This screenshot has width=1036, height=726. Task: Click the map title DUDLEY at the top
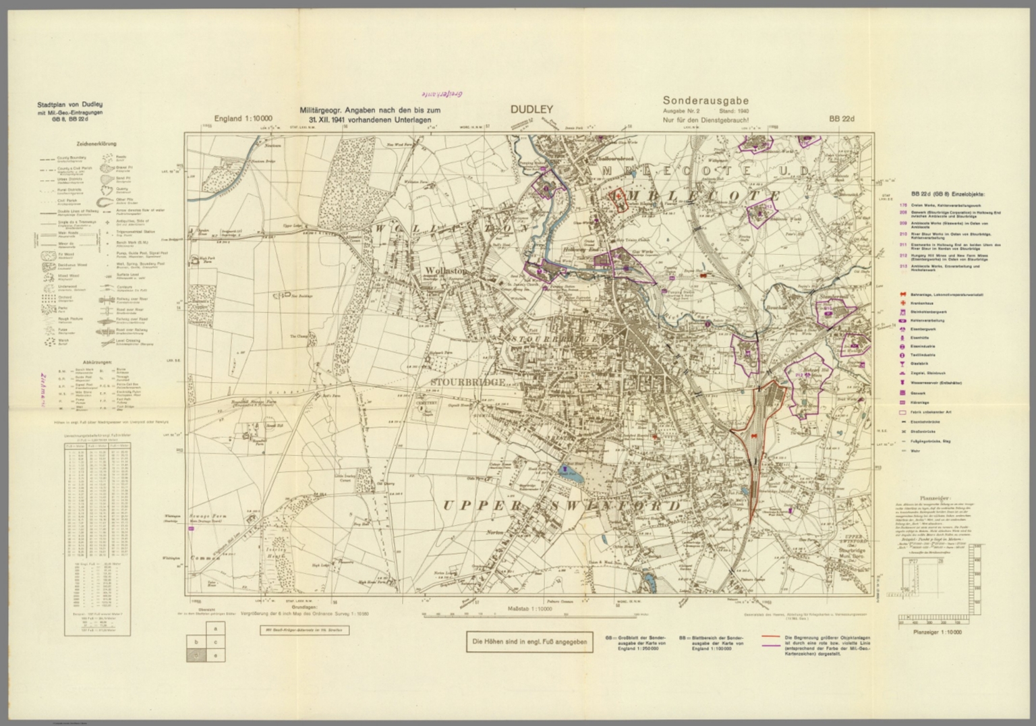[531, 109]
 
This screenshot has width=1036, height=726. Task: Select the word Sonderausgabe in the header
[705, 101]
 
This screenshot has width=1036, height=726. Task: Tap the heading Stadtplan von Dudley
[70, 105]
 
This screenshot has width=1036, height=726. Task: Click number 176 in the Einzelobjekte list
[902, 205]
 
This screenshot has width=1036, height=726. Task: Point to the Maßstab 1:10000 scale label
[529, 609]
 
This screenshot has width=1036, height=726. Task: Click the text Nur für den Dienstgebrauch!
[706, 121]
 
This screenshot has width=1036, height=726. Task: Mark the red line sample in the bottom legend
[772, 636]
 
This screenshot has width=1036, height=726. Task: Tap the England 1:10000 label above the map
[243, 119]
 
